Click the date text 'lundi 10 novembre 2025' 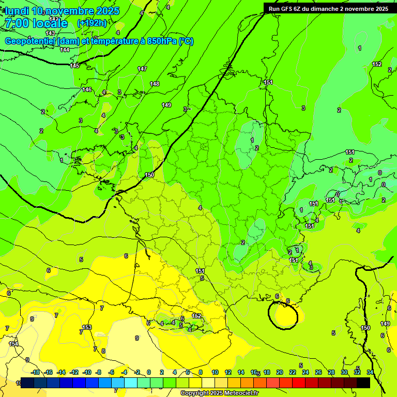click(x=62, y=11)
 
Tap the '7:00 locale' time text click(x=36, y=23)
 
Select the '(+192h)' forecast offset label click(x=91, y=23)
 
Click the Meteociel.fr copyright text click(x=219, y=393)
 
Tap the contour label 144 click(x=65, y=50)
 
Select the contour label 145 click(x=75, y=66)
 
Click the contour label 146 click(x=87, y=89)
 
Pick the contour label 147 click(x=142, y=69)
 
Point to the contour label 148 click(x=155, y=84)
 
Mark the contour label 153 click(x=87, y=327)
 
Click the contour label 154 click(x=13, y=344)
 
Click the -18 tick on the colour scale click(x=35, y=372)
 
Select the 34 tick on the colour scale click(x=370, y=372)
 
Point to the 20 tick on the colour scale click(x=279, y=372)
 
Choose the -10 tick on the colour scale click(x=87, y=372)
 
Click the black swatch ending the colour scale click(x=363, y=383)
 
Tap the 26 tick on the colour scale click(x=318, y=372)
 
